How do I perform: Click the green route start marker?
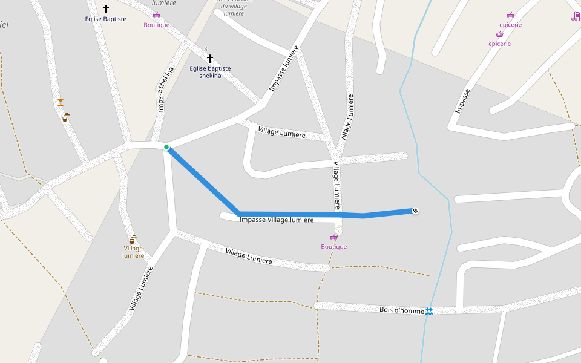[x=166, y=147]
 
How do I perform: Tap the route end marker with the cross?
[x=415, y=211]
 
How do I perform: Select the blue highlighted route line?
[x=303, y=214]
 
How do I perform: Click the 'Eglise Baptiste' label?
[x=106, y=19]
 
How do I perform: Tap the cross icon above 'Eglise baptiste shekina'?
[x=210, y=59]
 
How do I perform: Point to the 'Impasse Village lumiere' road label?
[x=277, y=220]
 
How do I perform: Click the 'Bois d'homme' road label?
[x=401, y=309]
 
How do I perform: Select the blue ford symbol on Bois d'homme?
[x=429, y=311]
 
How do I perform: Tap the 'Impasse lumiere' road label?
[x=284, y=68]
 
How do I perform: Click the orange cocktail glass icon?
[x=61, y=102]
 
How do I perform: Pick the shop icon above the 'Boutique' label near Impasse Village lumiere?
[x=333, y=238]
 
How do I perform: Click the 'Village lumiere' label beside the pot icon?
[x=133, y=252]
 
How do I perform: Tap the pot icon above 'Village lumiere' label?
[x=132, y=240]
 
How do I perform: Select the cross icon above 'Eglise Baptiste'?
[x=106, y=9]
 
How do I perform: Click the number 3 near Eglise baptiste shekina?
[x=205, y=49]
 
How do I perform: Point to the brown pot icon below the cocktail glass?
[x=65, y=118]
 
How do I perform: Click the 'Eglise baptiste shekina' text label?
[x=210, y=72]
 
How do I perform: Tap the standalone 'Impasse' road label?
[x=463, y=101]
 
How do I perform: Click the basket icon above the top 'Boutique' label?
[x=157, y=15]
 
